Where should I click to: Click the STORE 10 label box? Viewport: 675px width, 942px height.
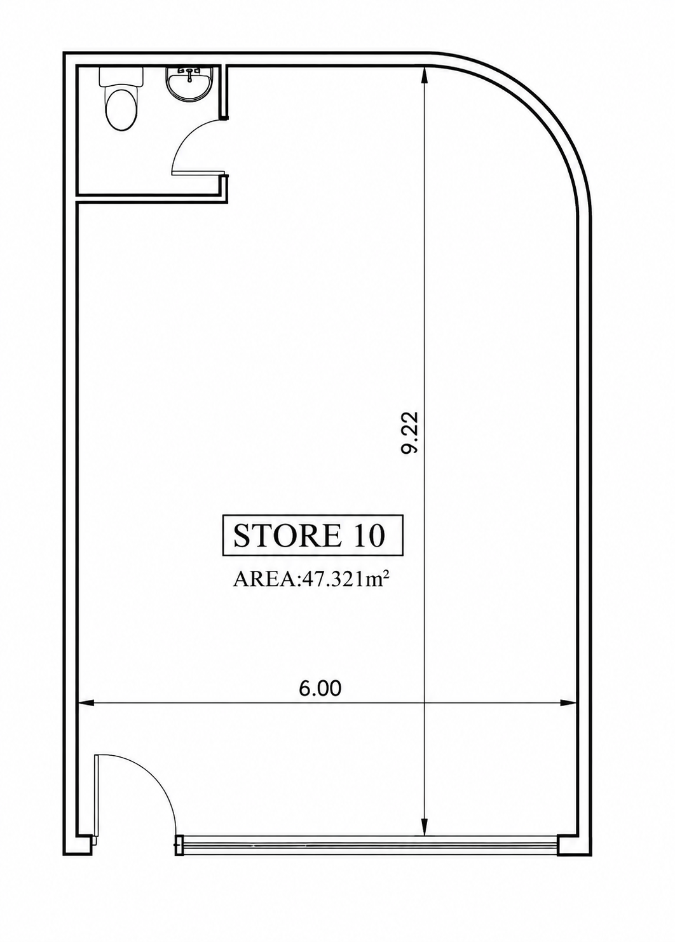click(x=313, y=536)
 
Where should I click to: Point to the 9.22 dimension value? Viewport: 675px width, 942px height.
click(x=410, y=432)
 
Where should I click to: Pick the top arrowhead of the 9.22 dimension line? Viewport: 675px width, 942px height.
click(x=425, y=76)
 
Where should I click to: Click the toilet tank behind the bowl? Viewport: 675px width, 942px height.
click(x=121, y=76)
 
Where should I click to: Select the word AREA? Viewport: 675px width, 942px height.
click(x=264, y=581)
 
